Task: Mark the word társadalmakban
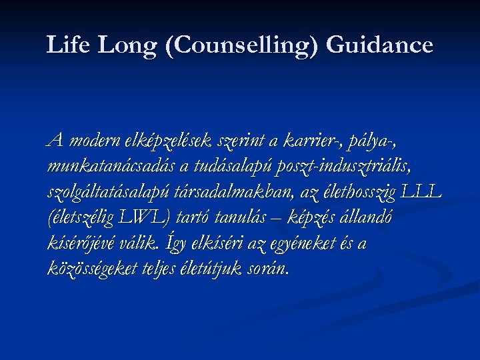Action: click(229, 192)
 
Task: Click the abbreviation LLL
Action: click(420, 192)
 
